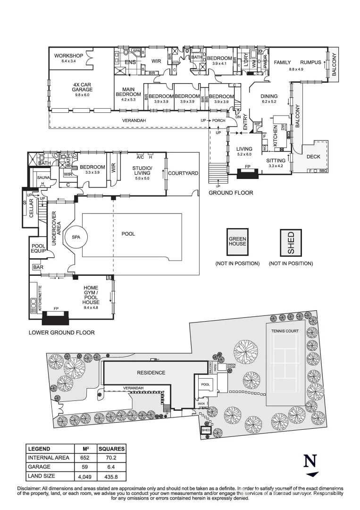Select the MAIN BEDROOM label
(128, 94)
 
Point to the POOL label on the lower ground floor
(128, 234)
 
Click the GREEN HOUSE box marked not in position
(237, 242)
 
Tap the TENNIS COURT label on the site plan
(285, 331)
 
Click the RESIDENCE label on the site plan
(151, 373)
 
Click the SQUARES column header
(111, 449)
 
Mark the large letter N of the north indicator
(310, 461)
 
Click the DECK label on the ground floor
(313, 157)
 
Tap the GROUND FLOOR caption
(231, 193)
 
